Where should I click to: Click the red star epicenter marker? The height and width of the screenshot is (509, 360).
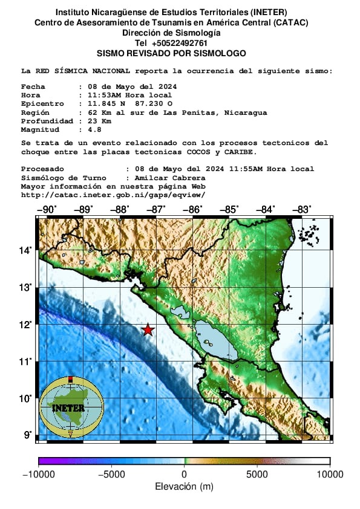[148, 329]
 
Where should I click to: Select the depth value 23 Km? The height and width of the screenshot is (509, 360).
[96, 121]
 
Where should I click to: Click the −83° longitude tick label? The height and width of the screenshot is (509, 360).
[301, 209]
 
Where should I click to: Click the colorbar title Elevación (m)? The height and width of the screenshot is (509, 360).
[184, 487]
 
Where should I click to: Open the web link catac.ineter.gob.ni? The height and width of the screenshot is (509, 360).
[113, 195]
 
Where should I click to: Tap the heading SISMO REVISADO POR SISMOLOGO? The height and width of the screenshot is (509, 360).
[171, 53]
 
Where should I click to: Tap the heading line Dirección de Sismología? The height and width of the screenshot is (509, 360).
[171, 33]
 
